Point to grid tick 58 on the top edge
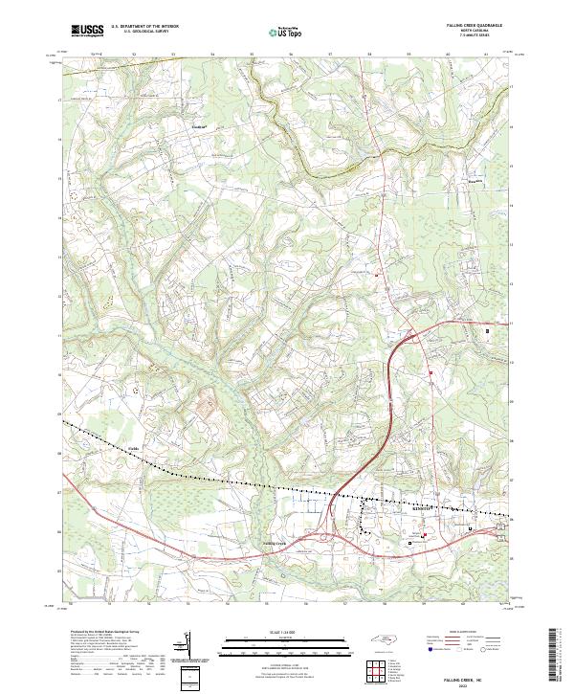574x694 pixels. (369, 54)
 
